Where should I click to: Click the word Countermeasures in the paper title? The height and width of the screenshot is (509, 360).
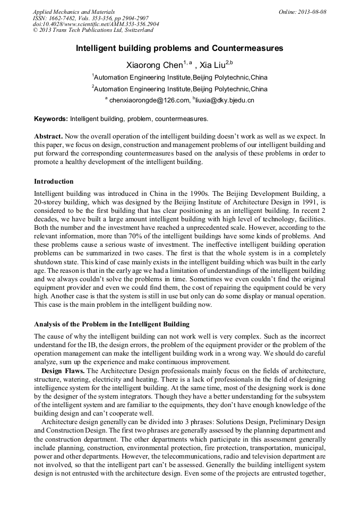pos(243,48)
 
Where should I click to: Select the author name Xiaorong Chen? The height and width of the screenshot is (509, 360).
pos(154,65)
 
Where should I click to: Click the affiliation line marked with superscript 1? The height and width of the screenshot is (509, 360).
pos(179,77)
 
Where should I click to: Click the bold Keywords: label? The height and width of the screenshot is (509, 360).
pos(51,119)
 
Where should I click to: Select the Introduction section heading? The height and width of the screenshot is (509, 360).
pos(54,182)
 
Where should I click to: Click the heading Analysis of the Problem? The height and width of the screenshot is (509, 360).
pos(112,324)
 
